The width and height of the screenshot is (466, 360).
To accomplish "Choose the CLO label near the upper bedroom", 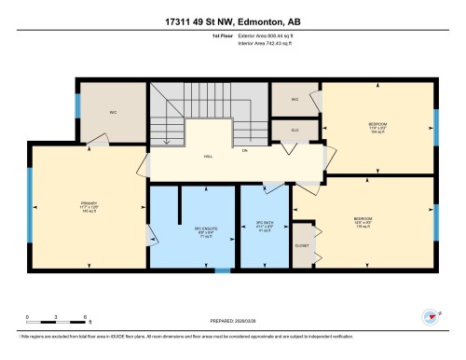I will [x=295, y=131].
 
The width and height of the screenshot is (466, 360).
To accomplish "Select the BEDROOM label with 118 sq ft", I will [x=363, y=223].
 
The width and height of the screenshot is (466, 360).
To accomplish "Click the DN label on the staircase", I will [x=245, y=149].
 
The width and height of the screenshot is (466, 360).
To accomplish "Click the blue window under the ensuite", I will [x=222, y=270].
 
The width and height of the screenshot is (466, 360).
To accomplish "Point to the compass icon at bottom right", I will [x=430, y=316].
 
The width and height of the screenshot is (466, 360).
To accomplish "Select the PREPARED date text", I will [x=232, y=320].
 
